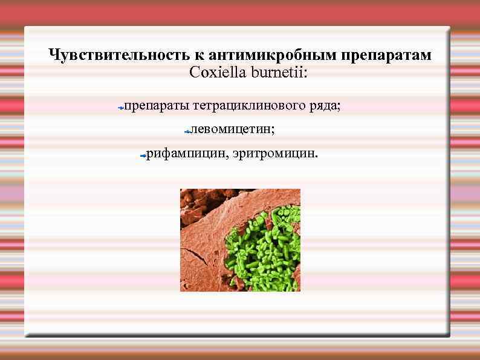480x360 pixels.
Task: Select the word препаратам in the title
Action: [386, 55]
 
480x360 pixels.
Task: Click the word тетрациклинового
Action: [248, 106]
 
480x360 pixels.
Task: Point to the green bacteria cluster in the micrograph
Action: [266, 248]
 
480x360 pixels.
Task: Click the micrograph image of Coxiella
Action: [240, 240]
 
